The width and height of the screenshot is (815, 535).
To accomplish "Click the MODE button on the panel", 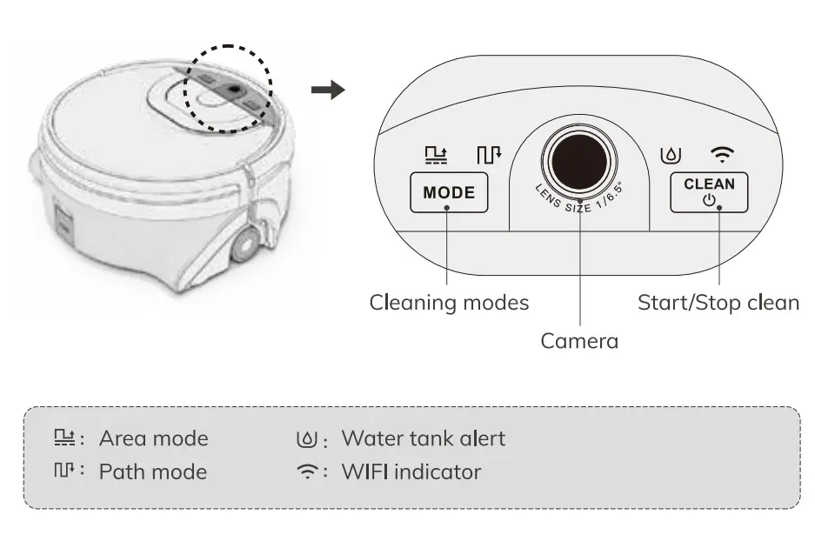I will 449,192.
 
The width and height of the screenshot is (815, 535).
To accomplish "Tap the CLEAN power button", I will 709,192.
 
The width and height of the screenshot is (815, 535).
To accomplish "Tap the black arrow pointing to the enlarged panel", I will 328,90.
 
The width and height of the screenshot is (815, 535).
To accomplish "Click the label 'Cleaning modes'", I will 449,303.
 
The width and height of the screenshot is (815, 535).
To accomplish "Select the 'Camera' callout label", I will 579,341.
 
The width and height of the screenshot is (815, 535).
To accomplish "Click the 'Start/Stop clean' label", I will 718,303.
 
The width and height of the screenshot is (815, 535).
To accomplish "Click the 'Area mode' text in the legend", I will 153,438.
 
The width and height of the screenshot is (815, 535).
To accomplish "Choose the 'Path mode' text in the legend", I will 153,472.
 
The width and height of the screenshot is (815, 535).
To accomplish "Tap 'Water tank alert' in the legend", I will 423,438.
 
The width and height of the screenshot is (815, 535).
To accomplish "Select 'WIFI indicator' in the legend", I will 411,472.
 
